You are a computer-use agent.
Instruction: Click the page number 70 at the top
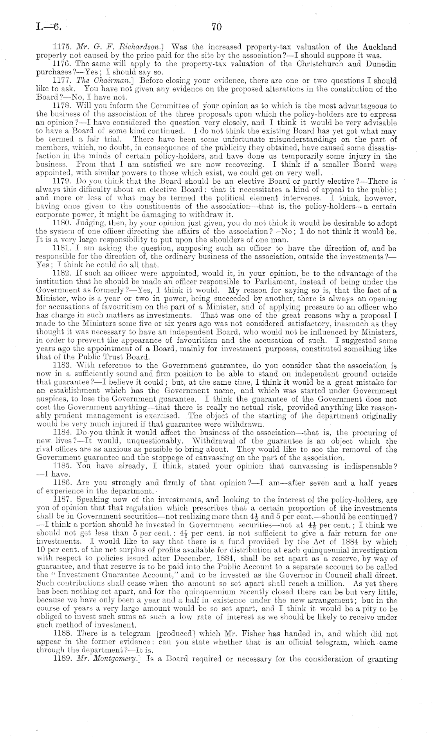point(216,27)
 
